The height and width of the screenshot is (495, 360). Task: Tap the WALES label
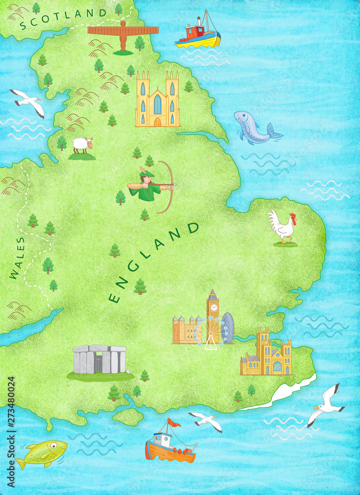pyautogui.click(x=17, y=258)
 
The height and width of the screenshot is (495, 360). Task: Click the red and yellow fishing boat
pyautogui.click(x=198, y=35)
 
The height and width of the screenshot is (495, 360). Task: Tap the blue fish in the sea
pyautogui.click(x=255, y=128)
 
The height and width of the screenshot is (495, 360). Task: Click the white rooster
pyautogui.click(x=282, y=227)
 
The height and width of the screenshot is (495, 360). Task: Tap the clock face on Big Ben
pyautogui.click(x=213, y=307)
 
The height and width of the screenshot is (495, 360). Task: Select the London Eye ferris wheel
pyautogui.click(x=211, y=333)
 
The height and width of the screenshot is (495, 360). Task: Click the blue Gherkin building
pyautogui.click(x=228, y=328)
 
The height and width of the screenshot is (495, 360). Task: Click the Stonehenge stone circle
pyautogui.click(x=100, y=359)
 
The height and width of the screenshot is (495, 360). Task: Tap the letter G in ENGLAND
pyautogui.click(x=133, y=267)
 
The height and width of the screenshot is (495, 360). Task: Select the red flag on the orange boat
pyautogui.click(x=173, y=422)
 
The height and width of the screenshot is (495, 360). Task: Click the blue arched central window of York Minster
pyautogui.click(x=157, y=104)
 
